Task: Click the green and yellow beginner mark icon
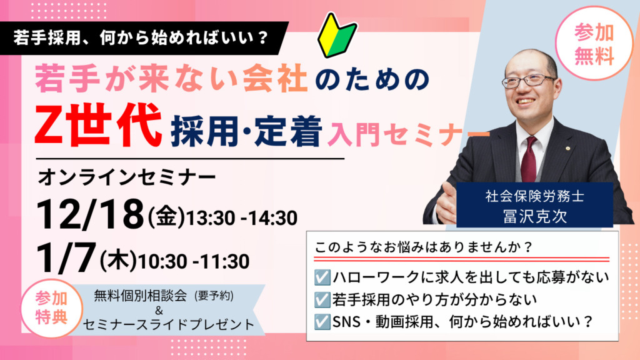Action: click(x=337, y=36)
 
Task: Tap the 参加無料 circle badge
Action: click(x=594, y=44)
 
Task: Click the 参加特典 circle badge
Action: click(x=51, y=307)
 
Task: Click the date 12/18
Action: click(x=90, y=215)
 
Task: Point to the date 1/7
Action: click(x=66, y=258)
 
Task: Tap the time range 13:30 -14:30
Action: click(x=242, y=218)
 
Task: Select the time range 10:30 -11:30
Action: click(x=194, y=261)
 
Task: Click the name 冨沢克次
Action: click(x=535, y=216)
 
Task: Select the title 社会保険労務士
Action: click(x=535, y=197)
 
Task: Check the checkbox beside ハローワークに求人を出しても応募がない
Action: click(x=322, y=277)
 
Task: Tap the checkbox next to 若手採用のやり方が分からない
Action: click(x=322, y=300)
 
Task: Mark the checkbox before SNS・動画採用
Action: click(x=322, y=322)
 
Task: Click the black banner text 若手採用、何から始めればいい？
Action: click(x=141, y=38)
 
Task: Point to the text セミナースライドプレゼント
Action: click(x=169, y=325)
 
